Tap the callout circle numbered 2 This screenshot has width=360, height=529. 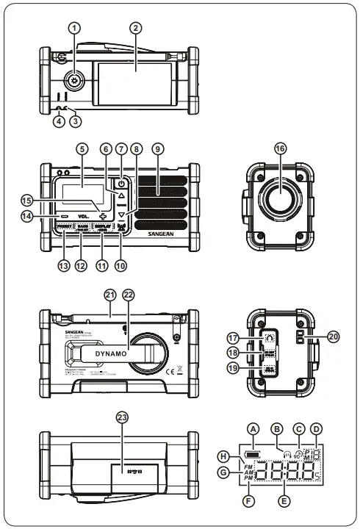134,28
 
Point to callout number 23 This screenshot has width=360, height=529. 121,416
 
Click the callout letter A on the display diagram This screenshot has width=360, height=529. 253,428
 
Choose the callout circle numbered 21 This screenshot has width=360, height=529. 109,295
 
